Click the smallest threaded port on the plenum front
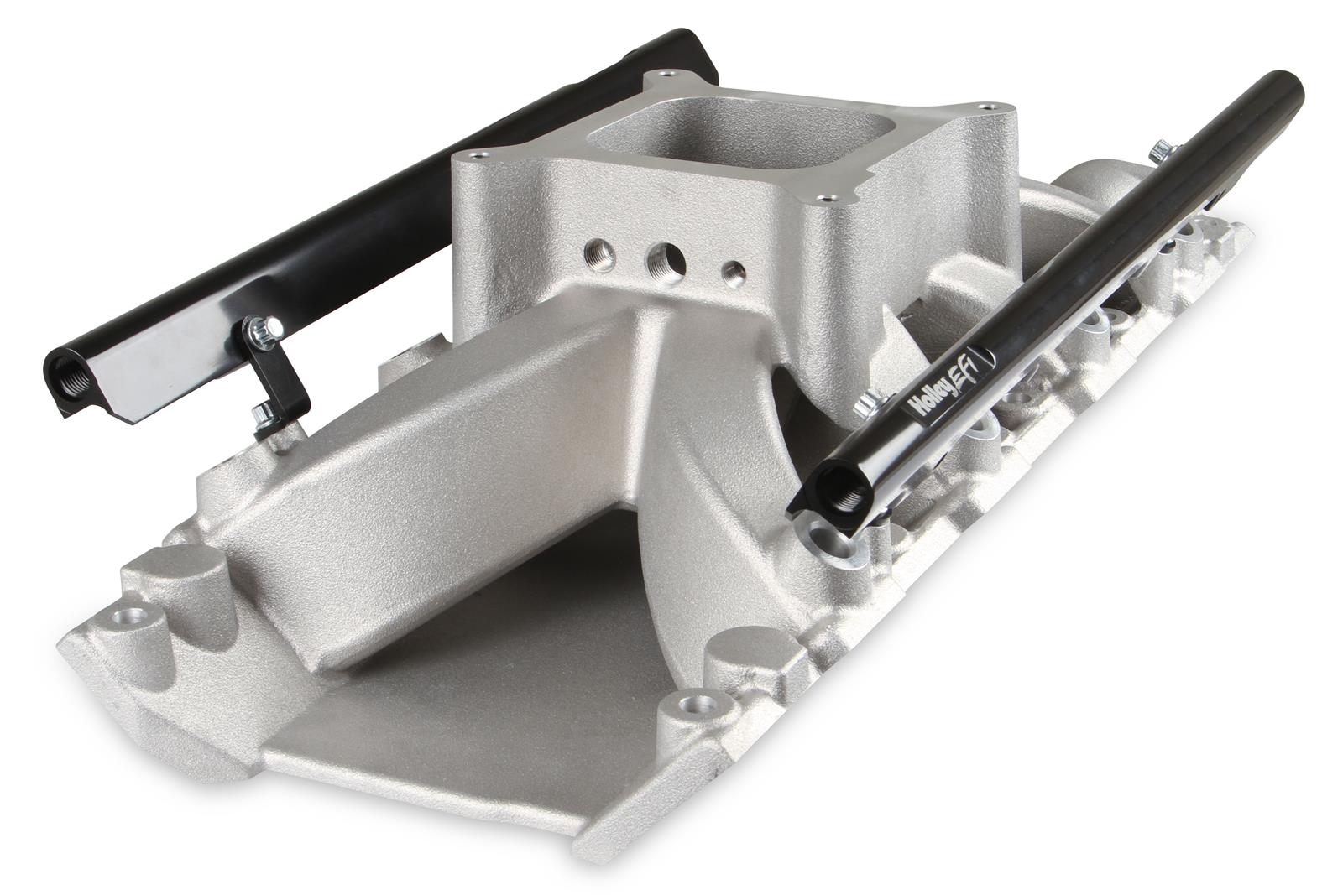[x=734, y=271]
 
